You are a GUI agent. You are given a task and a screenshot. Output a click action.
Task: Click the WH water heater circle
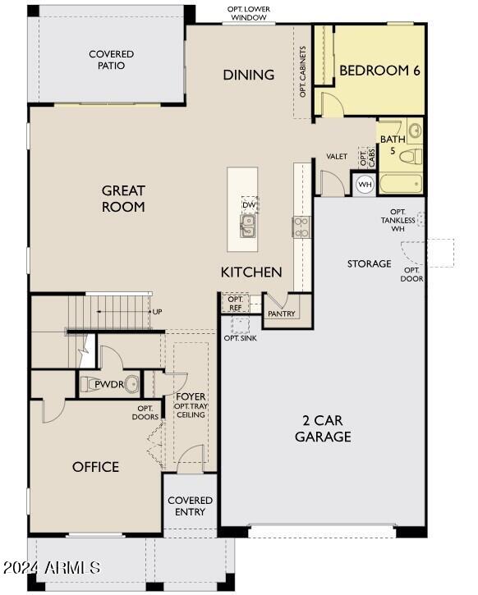click(x=364, y=185)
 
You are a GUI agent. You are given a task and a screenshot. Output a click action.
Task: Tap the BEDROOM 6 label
click(x=379, y=71)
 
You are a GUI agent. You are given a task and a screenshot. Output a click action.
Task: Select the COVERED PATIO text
click(x=111, y=60)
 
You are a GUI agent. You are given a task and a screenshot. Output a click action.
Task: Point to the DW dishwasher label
click(x=247, y=205)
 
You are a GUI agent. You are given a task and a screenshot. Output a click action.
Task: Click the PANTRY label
click(x=281, y=314)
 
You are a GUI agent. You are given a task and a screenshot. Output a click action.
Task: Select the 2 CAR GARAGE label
click(x=323, y=428)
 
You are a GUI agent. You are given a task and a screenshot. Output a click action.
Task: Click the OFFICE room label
click(x=95, y=467)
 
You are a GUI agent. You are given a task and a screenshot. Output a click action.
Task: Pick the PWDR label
click(x=108, y=383)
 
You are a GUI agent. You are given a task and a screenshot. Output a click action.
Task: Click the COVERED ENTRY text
click(x=190, y=506)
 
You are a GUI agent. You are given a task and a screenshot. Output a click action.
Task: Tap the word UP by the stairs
click(x=156, y=312)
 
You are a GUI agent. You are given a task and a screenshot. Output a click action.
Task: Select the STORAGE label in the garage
click(x=369, y=263)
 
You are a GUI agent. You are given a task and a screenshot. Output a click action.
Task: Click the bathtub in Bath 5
click(x=401, y=184)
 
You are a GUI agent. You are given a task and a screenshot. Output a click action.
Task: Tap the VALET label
click(x=336, y=156)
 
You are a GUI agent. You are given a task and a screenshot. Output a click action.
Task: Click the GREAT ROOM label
click(x=123, y=199)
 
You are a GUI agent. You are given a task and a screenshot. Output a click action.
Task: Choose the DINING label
click(x=248, y=75)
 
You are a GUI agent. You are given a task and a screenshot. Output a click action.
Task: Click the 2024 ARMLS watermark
click(x=51, y=568)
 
